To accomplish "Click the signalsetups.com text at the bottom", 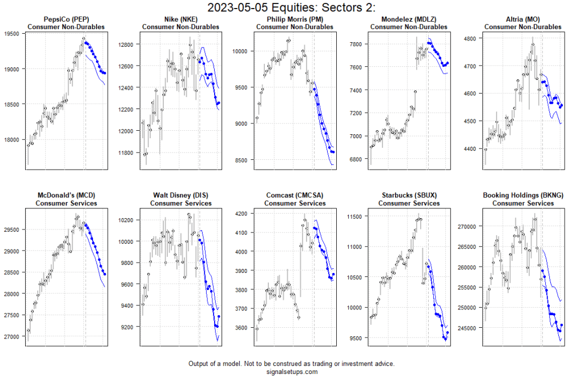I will coord(292,372).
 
